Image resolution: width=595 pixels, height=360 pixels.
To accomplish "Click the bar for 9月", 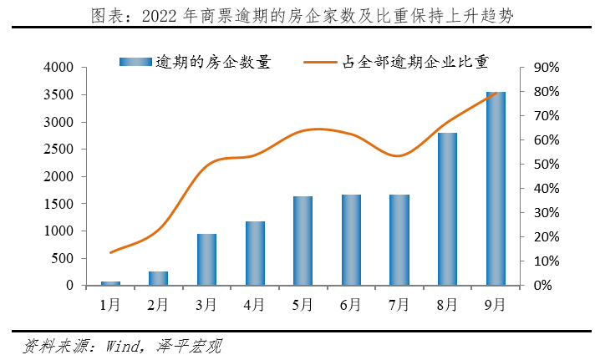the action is tap(496, 189).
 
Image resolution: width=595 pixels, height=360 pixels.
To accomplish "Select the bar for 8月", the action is tap(447, 209).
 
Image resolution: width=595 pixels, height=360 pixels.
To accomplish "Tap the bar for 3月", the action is tap(206, 260).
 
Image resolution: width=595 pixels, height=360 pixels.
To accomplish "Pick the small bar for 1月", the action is tap(110, 283).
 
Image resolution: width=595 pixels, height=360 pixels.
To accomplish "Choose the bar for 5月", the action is tap(303, 241).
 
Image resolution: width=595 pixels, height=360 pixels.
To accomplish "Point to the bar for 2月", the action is tap(158, 278).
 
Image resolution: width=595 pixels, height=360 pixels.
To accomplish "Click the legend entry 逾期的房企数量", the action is tap(195, 62).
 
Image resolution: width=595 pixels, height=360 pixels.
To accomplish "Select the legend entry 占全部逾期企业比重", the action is tap(396, 62).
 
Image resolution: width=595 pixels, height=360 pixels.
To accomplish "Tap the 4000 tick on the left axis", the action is tap(58, 67).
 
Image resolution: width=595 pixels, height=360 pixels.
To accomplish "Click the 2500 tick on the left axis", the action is tap(58, 149).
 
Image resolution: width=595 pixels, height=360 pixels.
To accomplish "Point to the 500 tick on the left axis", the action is tap(62, 258).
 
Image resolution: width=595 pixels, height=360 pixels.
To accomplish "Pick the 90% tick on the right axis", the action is tap(547, 68).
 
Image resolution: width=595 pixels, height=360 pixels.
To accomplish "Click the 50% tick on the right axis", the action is tap(547, 165).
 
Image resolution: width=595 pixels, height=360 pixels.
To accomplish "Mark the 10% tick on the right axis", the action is tap(547, 261).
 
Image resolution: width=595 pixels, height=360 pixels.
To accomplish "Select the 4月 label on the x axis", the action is tap(254, 305).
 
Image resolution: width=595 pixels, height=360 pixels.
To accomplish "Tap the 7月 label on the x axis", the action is tap(399, 305).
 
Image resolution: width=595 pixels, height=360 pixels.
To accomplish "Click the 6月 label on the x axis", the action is tap(350, 305).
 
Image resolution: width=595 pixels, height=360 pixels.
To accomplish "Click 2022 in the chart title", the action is tap(159, 17).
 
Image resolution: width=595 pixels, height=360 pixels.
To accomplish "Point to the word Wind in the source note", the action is tap(122, 346).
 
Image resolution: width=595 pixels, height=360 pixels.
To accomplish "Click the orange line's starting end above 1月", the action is tap(110, 252).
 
